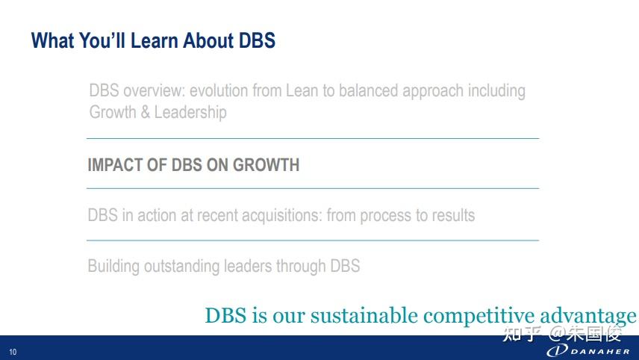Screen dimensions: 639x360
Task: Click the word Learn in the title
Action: click(x=154, y=40)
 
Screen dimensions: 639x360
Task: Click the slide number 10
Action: click(x=13, y=352)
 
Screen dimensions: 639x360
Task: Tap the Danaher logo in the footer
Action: click(x=588, y=350)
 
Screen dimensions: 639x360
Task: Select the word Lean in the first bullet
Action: click(x=302, y=90)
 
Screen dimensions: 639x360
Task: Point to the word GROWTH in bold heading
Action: click(x=266, y=165)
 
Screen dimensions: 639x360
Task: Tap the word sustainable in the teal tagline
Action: click(x=364, y=316)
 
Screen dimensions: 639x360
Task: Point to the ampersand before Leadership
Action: click(x=145, y=112)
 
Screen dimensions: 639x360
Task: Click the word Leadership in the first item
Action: click(x=190, y=113)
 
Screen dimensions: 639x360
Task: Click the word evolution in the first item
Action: click(x=219, y=90)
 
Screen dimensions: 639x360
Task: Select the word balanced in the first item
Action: click(x=369, y=90)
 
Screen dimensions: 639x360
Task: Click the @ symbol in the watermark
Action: click(x=556, y=334)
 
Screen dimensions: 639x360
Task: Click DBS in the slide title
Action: click(x=257, y=40)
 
